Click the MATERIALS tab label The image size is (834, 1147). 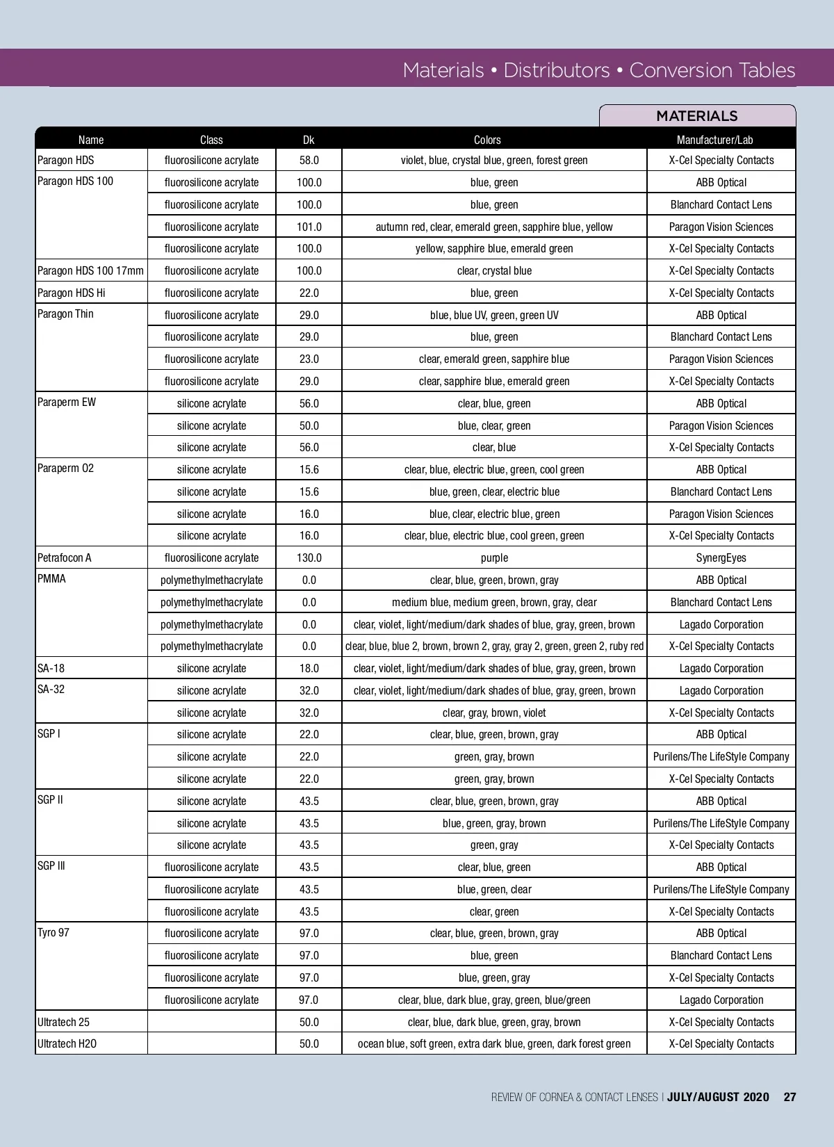point(696,116)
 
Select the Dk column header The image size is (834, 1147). point(309,140)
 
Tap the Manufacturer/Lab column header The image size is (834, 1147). point(714,140)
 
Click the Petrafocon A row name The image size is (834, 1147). point(65,558)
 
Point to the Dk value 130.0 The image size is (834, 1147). point(309,558)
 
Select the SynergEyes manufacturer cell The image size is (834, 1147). point(721,558)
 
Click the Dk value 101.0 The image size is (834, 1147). point(309,227)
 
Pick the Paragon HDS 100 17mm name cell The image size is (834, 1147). point(90,270)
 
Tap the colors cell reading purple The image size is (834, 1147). point(494,558)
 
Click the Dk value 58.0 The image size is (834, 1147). point(309,160)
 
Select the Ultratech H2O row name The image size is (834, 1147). point(67,1043)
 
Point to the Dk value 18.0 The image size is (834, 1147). point(309,668)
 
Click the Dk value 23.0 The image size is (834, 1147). point(309,359)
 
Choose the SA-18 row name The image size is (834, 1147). point(51,668)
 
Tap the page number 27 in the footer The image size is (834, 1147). point(790,1097)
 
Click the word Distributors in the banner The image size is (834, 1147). point(556,70)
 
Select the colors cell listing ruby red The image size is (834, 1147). point(494,646)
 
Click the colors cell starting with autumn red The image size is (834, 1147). point(494,227)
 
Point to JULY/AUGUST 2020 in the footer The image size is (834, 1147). point(718,1097)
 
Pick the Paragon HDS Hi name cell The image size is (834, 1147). point(71,293)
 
